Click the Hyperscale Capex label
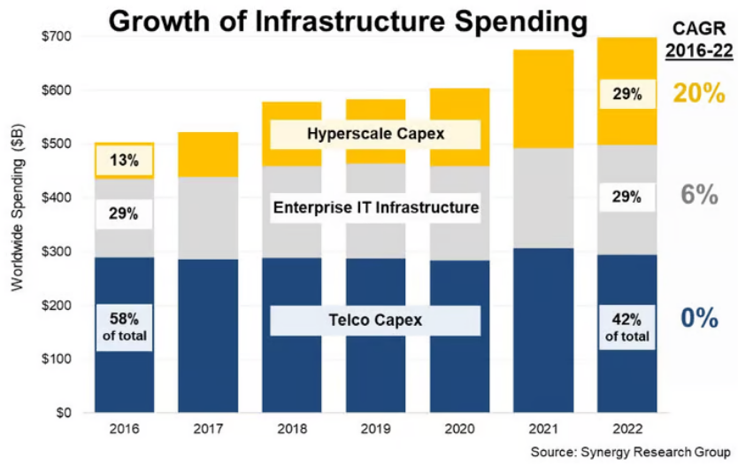click(x=375, y=134)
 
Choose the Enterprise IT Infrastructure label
click(x=375, y=208)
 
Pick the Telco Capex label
click(x=375, y=320)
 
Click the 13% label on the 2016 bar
click(x=125, y=160)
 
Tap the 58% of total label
click(x=125, y=326)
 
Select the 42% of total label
click(x=628, y=326)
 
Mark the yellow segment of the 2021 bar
click(x=544, y=98)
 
